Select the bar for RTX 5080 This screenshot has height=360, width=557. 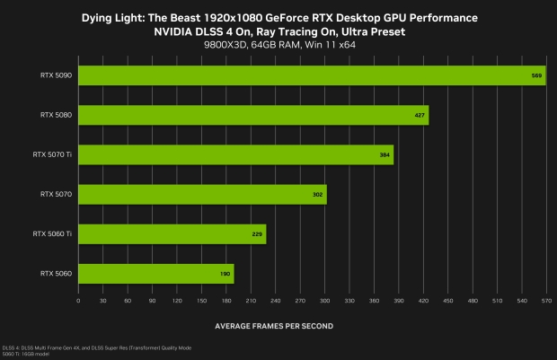point(253,115)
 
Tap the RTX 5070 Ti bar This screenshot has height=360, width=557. point(236,154)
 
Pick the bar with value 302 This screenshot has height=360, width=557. point(202,194)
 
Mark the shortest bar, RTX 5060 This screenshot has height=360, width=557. point(156,273)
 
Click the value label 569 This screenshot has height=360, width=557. point(536,76)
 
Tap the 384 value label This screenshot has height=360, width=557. point(385,155)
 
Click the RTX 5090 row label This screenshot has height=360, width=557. point(57,75)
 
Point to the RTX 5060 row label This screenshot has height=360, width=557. point(57,273)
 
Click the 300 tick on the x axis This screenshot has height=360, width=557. point(324,302)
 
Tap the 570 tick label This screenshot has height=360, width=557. point(545,302)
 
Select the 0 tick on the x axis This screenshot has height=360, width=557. point(79,302)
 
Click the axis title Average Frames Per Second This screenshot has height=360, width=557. point(275,325)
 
